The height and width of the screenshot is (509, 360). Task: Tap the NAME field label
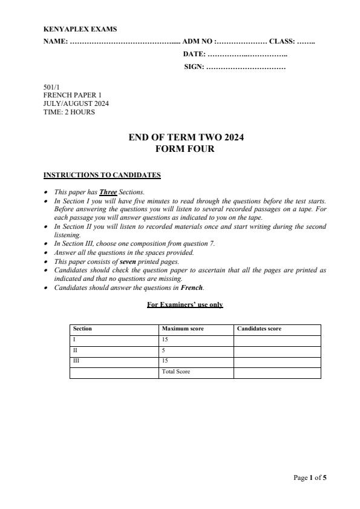click(56, 42)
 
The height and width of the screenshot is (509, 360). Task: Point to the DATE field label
click(194, 54)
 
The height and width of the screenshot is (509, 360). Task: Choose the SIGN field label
click(194, 67)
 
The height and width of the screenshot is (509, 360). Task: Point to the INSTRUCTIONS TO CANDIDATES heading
click(102, 176)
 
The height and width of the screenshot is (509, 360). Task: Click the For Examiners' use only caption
click(185, 305)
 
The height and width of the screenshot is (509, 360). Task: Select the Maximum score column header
click(183, 329)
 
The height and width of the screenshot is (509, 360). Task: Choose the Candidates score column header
click(259, 329)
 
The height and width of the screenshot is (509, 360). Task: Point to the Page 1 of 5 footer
click(310, 478)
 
